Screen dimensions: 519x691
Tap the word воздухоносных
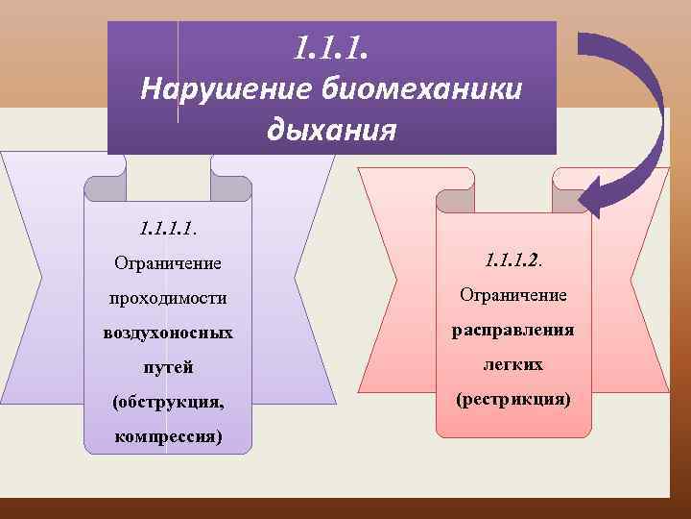coord(168,333)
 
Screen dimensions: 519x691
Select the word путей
coord(168,367)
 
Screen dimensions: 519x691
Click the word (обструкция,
coord(168,402)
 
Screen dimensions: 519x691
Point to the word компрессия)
coord(168,436)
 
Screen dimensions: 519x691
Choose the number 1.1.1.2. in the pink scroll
coord(514,259)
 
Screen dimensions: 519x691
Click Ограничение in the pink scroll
coord(514,294)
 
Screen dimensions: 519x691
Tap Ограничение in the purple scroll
coord(168,262)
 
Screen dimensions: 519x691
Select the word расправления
coord(514,330)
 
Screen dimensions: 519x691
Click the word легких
coord(514,364)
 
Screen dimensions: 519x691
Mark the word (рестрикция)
coord(514,397)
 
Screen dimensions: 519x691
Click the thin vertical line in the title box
coord(179,72)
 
